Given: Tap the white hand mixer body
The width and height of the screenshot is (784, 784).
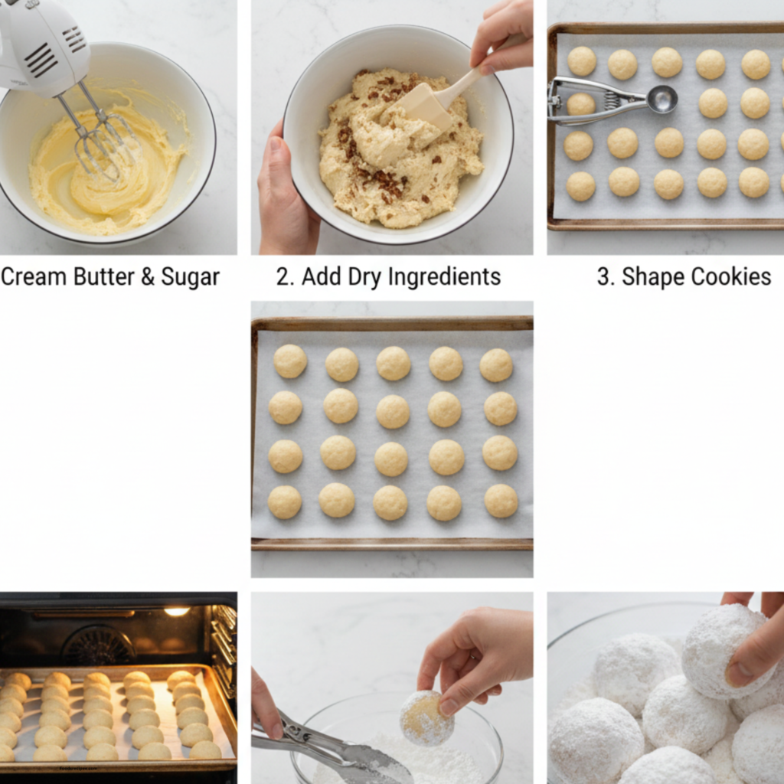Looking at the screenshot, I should pyautogui.click(x=42, y=46).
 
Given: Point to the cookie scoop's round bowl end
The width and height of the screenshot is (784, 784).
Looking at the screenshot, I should pyautogui.click(x=661, y=99).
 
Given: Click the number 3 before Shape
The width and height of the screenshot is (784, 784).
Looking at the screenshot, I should pyautogui.click(x=604, y=277).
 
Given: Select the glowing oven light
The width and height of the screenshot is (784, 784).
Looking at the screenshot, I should pyautogui.click(x=176, y=611).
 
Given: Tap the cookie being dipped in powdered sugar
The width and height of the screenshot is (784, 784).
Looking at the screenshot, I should pyautogui.click(x=426, y=718).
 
